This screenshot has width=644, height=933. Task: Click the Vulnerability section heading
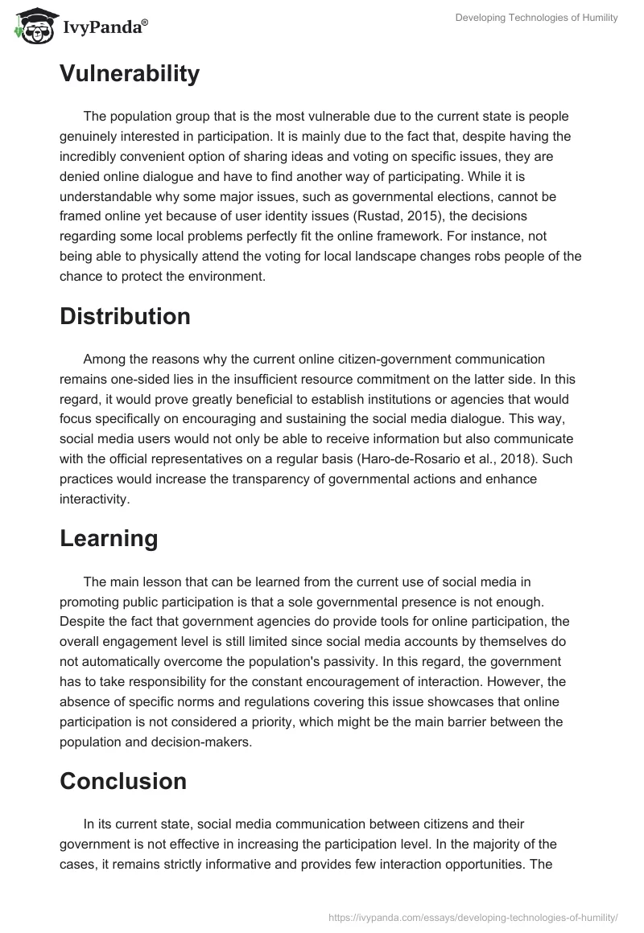coord(130,74)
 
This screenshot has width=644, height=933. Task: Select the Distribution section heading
coord(125,316)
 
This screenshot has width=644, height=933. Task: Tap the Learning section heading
coord(109,539)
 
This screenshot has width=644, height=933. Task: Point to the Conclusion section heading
coord(123,781)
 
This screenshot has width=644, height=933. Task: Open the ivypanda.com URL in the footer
coord(473,916)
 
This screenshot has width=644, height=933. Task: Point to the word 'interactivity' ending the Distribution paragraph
coord(94,499)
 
